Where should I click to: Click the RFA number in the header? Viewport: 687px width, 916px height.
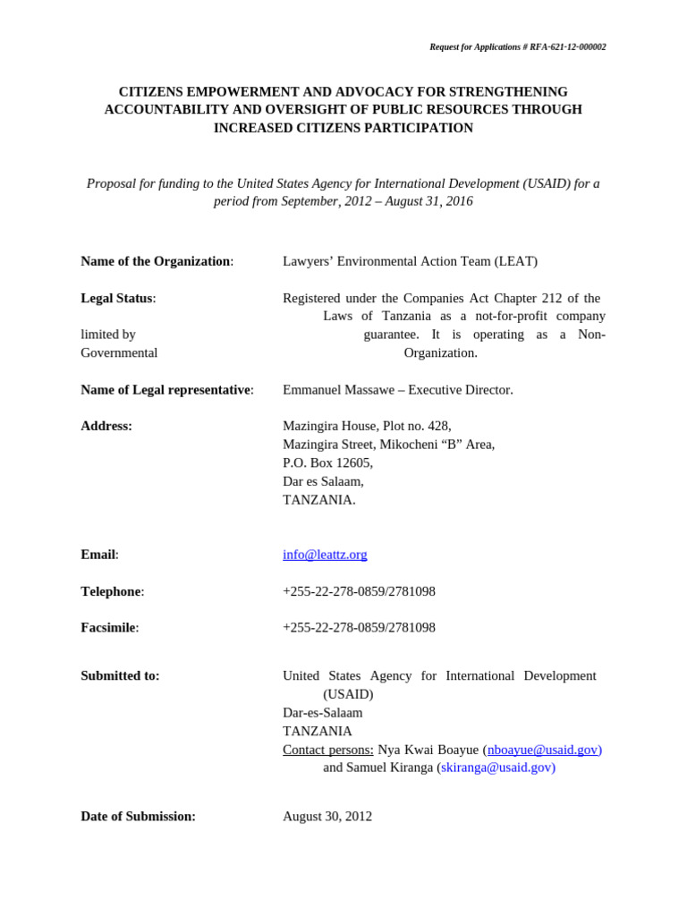(x=564, y=47)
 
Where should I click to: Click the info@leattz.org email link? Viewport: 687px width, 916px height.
(x=325, y=555)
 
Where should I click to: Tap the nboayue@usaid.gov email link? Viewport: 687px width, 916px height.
(x=542, y=750)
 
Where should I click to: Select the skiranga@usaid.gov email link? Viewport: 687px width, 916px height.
(x=497, y=768)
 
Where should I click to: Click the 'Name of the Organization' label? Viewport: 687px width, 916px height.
(x=157, y=261)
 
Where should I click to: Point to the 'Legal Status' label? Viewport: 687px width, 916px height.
(x=117, y=298)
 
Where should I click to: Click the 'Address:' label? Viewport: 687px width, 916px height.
(x=106, y=426)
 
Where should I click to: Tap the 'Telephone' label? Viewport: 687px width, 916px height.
(x=112, y=591)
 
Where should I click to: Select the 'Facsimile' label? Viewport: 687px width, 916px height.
(x=109, y=628)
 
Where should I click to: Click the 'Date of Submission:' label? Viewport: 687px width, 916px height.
(x=138, y=817)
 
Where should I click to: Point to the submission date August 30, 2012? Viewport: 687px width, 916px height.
(x=327, y=817)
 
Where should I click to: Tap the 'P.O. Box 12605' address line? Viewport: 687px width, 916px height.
(x=327, y=463)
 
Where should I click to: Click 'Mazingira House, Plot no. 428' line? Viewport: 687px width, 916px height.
(x=367, y=426)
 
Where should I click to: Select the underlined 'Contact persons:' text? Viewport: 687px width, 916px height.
(x=327, y=750)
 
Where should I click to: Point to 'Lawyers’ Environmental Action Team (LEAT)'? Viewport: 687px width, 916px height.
(x=410, y=261)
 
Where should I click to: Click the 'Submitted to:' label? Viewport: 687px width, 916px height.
(x=120, y=676)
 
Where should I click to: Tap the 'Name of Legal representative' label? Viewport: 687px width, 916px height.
(x=166, y=390)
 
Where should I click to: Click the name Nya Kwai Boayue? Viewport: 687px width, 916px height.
(x=428, y=750)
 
